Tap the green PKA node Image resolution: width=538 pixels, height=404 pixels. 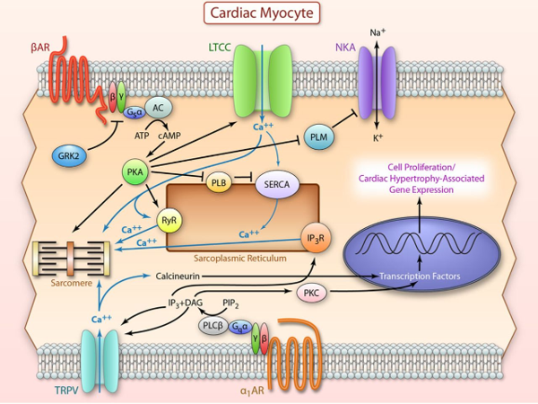click(137, 171)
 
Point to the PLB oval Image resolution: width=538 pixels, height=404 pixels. click(221, 183)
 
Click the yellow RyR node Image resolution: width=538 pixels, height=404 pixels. click(168, 221)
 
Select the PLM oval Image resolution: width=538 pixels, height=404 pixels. click(319, 136)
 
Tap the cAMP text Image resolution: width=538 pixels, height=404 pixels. click(171, 135)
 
